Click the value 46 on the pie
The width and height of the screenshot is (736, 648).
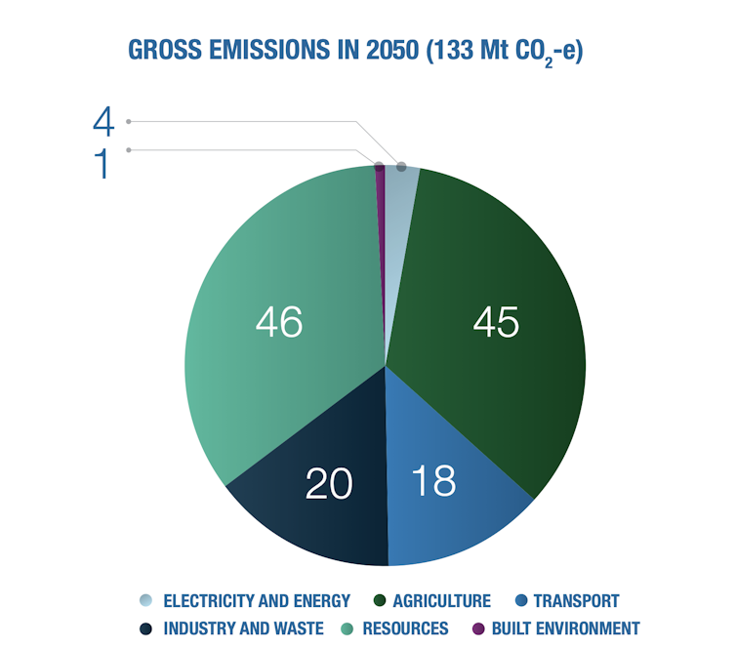278,322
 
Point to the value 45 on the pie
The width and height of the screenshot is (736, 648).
495,322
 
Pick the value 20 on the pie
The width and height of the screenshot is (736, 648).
329,483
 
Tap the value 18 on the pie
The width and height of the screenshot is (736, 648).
431,481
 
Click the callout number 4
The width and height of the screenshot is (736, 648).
103,121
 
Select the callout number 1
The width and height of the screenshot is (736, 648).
102,164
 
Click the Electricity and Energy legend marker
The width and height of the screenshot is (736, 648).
146,601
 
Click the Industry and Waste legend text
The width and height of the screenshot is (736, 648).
243,628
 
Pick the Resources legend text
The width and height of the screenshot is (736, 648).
405,628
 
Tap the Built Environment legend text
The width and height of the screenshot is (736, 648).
566,628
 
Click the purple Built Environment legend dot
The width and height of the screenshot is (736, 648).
478,628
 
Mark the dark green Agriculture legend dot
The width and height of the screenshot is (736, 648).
380,601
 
